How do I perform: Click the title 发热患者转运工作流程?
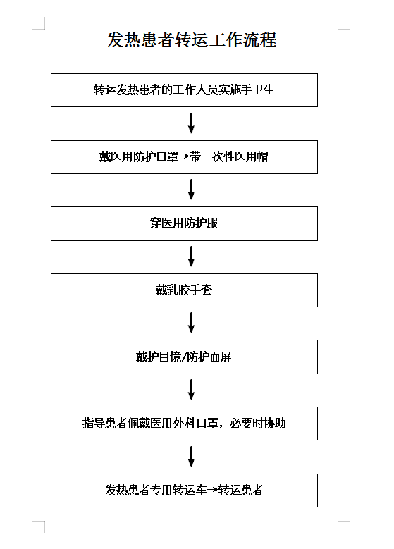coord(192,39)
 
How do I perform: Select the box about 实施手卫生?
coord(184,90)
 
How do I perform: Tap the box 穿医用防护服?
coord(184,223)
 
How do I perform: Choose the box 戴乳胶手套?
coord(184,290)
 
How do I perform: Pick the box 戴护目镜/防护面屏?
coord(184,357)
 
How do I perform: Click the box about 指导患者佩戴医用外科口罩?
coord(184,424)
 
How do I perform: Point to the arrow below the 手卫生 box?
coord(191,123)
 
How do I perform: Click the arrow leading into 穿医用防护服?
coord(191,190)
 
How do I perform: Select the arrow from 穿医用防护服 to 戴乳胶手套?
coord(191,257)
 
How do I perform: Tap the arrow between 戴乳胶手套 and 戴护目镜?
coord(191,323)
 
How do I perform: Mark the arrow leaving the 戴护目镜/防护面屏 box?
coord(191,389)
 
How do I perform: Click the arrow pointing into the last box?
coord(191,456)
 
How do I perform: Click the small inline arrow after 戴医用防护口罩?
coord(184,156)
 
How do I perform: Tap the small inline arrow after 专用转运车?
coord(213,490)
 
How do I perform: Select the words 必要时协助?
coord(258,423)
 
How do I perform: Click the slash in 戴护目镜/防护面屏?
coord(184,357)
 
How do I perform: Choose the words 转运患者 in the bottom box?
coord(240,490)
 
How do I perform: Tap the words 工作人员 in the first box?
coord(195,90)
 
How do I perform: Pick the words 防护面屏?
coord(209,357)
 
